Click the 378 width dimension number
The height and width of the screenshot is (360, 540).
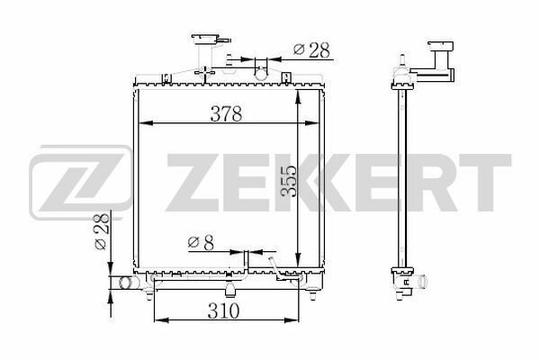click(x=226, y=113)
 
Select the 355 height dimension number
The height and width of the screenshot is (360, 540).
click(x=289, y=182)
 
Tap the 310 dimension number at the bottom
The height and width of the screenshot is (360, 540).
click(x=223, y=310)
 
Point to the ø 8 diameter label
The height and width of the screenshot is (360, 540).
click(x=201, y=242)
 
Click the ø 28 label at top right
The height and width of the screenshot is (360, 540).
click(x=311, y=50)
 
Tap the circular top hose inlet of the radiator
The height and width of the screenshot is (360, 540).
click(x=261, y=73)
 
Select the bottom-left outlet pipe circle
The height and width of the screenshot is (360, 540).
click(x=125, y=283)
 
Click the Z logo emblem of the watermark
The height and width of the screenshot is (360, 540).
click(x=81, y=182)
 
